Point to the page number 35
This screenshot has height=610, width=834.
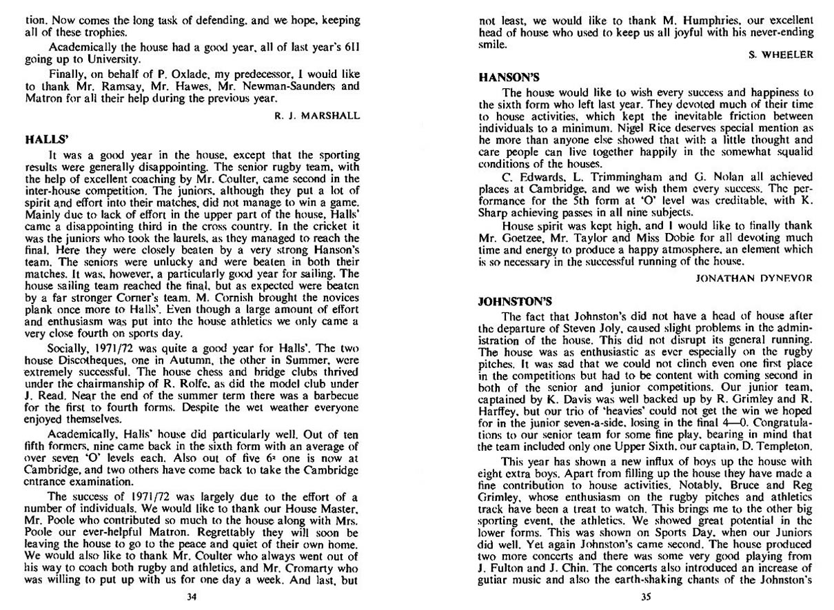[645, 597]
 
